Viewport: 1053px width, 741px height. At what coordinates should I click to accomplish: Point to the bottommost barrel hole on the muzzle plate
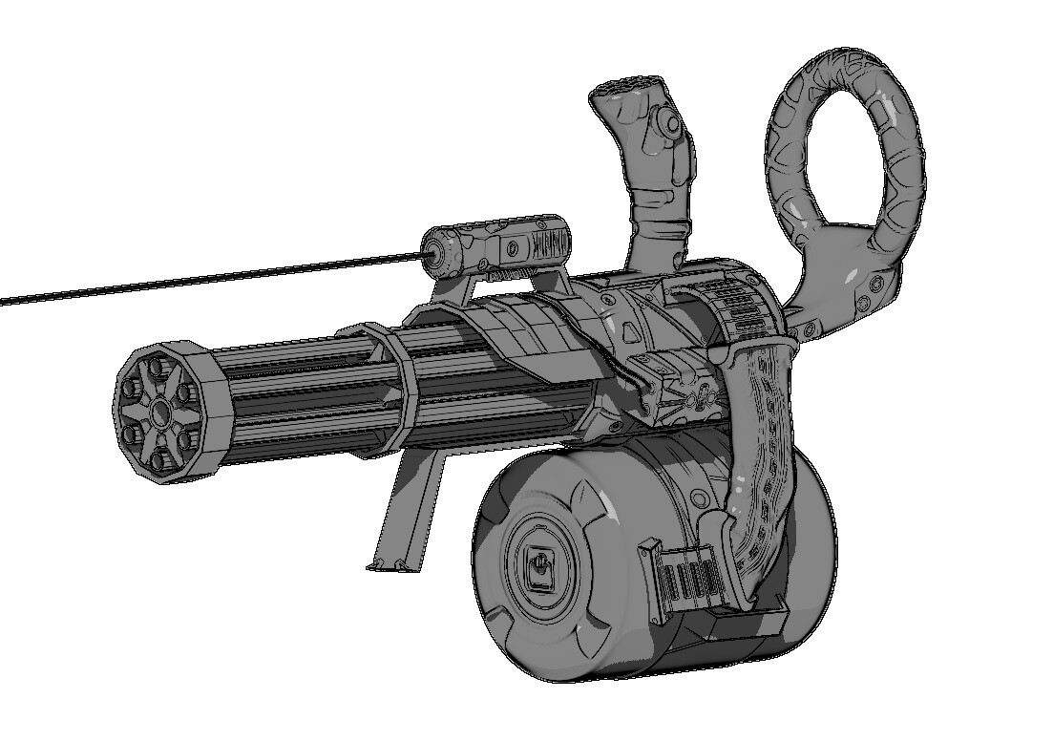pos(160,456)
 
